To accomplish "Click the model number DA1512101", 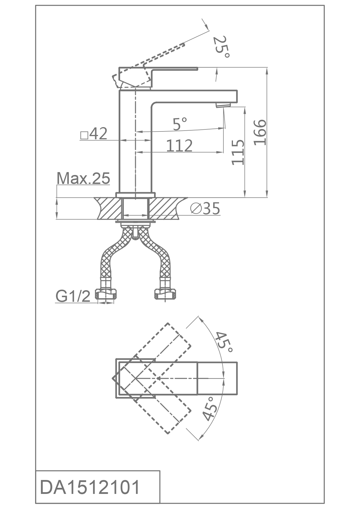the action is tap(90, 487).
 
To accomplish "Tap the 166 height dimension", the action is tap(260, 132).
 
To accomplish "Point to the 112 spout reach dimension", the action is tap(179, 146).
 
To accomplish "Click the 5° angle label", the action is tap(180, 124).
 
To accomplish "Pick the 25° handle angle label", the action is tap(221, 47).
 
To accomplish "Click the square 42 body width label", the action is tap(94, 134).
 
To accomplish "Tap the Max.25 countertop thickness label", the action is tap(83, 178).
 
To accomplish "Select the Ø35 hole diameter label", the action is tap(205, 208).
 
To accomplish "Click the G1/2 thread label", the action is tap(73, 296).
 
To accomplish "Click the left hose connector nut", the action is tap(106, 294).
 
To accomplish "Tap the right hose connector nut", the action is tap(165, 294).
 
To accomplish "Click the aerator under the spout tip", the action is tap(223, 105).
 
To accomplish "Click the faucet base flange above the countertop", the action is tap(136, 195).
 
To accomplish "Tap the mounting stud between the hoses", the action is tap(135, 233).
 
